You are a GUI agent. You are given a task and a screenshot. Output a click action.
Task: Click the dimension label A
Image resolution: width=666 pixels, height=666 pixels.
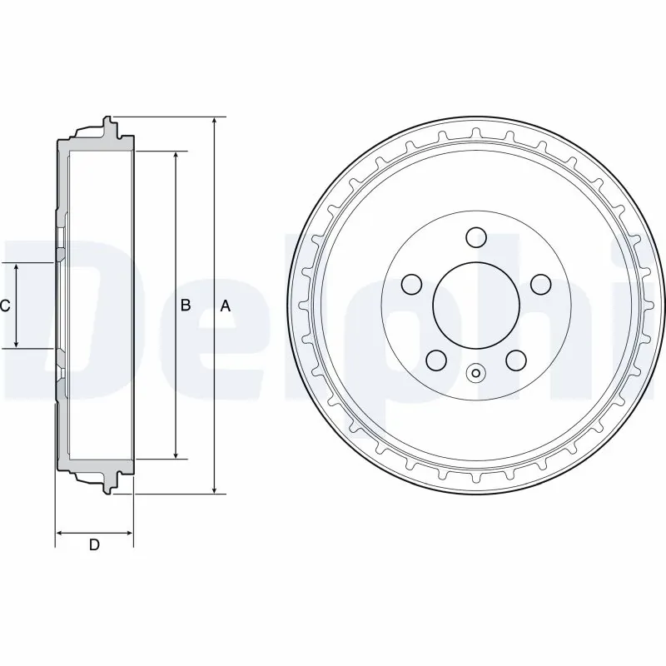pos(225,306)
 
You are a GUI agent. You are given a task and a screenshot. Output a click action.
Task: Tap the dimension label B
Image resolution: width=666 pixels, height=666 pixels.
pos(186,306)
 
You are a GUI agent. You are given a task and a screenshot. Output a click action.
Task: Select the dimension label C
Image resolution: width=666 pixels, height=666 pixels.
pos(5,306)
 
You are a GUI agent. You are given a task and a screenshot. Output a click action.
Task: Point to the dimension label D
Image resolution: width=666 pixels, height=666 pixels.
pos(94,545)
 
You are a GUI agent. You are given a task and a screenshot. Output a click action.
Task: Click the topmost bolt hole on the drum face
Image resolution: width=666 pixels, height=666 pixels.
pos(475,237)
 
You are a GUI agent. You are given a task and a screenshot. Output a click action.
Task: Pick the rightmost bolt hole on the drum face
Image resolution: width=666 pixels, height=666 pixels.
pos(540,284)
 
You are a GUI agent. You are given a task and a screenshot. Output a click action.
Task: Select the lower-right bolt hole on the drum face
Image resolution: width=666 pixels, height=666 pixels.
pos(515,360)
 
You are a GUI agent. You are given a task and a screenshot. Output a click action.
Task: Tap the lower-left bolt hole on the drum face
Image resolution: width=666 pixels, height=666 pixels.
pos(435,360)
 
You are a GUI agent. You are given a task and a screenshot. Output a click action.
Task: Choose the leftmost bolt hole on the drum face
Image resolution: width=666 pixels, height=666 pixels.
pos(410,284)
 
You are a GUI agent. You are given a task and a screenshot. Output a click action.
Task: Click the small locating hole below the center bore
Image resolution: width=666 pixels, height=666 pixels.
pos(475,373)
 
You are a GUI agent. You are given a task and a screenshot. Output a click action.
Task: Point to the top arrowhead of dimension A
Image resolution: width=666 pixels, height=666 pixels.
pos(215,122)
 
